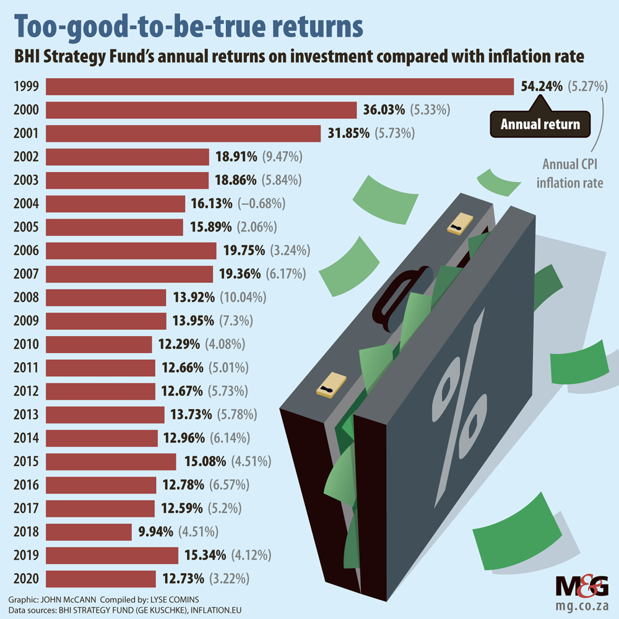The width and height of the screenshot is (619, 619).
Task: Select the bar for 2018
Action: tap(89, 532)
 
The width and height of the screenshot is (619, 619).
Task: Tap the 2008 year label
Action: tap(26, 298)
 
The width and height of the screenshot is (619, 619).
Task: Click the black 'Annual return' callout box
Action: tap(540, 124)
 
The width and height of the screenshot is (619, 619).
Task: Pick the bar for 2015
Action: tap(111, 462)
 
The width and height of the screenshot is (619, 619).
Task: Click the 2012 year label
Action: tap(26, 391)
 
